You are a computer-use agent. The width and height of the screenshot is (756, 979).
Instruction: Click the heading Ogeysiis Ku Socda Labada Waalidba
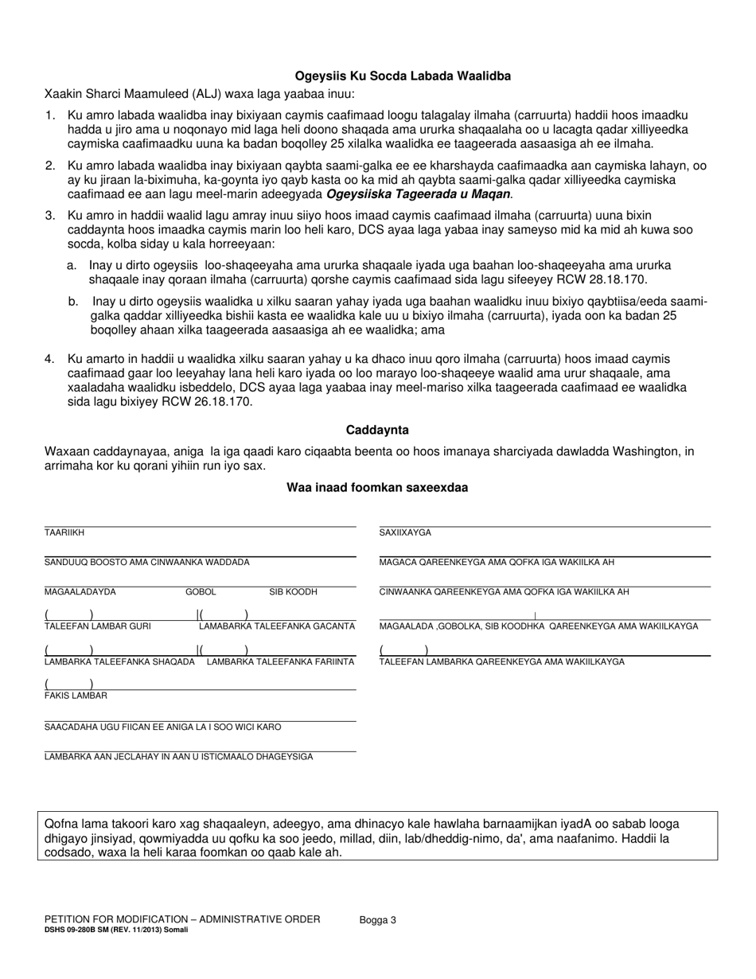click(403, 76)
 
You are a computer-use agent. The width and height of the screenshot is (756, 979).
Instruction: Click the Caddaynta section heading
click(377, 430)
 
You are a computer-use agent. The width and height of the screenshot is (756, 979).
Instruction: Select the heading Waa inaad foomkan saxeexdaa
click(377, 488)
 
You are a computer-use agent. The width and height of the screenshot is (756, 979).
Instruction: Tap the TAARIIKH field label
click(64, 532)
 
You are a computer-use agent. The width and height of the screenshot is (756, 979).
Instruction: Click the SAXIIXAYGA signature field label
click(405, 532)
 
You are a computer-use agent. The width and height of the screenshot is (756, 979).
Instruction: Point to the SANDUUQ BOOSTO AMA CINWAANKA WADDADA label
click(146, 562)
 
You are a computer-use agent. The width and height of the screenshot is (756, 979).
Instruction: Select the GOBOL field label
click(201, 592)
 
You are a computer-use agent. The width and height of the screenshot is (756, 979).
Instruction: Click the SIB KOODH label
click(293, 592)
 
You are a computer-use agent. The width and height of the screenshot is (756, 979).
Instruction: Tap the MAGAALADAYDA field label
click(80, 592)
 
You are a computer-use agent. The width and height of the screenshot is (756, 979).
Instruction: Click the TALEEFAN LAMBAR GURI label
click(97, 626)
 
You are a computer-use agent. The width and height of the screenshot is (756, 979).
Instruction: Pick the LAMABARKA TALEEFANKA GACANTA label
click(277, 626)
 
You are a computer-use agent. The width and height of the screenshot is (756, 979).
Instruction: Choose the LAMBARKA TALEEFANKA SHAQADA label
click(119, 661)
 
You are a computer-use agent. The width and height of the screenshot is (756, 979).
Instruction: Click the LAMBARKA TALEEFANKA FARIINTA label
click(281, 661)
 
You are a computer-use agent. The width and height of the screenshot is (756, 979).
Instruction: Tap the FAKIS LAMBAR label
click(76, 696)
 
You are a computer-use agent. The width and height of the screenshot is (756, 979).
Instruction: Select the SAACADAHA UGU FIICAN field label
click(162, 727)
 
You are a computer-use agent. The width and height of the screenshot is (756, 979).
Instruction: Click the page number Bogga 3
click(377, 919)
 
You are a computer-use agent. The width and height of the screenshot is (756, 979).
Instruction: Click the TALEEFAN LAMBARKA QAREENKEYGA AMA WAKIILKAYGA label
click(501, 661)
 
